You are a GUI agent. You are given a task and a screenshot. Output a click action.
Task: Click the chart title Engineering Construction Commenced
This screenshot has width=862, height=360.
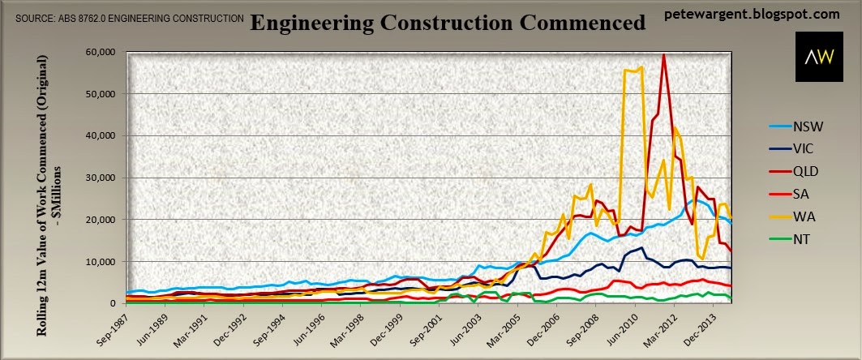click(x=448, y=23)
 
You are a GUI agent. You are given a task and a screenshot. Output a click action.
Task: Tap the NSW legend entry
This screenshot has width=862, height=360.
click(x=790, y=127)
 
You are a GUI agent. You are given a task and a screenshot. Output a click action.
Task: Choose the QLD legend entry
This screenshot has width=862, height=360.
click(x=788, y=172)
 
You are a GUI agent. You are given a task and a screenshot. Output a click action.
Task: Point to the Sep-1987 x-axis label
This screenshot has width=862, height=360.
click(x=110, y=327)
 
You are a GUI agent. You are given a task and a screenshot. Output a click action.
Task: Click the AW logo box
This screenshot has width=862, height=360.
click(x=819, y=57)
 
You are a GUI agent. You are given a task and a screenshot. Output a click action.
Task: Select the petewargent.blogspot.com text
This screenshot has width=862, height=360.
click(x=752, y=14)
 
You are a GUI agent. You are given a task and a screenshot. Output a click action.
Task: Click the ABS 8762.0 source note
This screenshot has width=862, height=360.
click(x=130, y=19)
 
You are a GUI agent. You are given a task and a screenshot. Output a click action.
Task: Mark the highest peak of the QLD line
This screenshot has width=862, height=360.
click(x=663, y=54)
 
